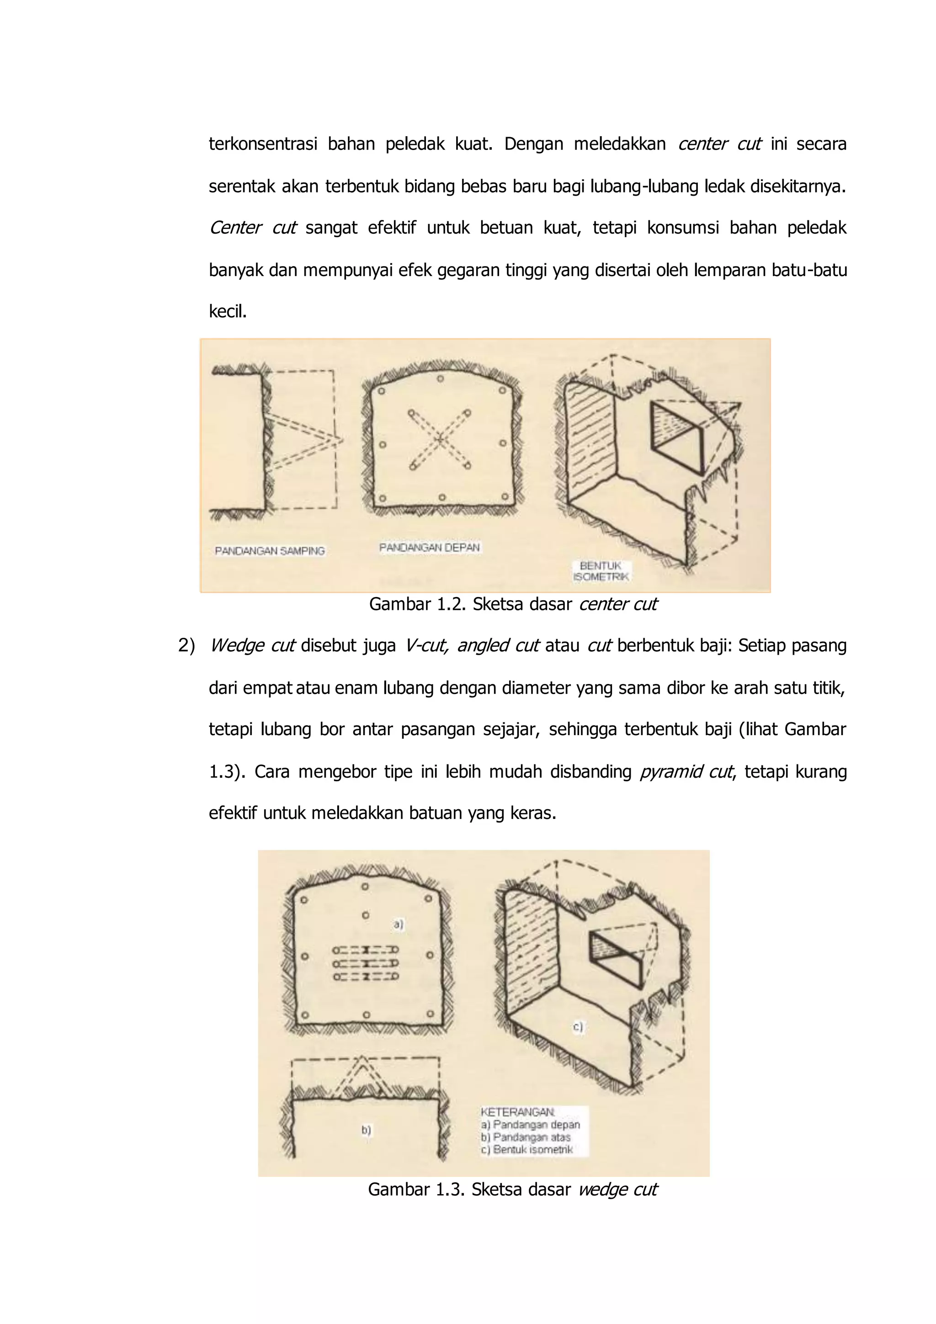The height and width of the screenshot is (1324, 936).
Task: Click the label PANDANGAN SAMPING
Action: coord(270,551)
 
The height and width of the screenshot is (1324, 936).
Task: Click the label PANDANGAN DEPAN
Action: coord(430,547)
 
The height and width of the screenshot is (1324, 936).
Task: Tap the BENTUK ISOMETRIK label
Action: coord(601,571)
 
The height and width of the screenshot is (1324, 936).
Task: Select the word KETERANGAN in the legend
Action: coord(517,1111)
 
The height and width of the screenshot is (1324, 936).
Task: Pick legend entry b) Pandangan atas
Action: coord(526,1137)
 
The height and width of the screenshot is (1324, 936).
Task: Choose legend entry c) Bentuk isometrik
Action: coord(527,1149)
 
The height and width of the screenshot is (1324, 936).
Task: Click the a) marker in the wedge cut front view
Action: coord(398,924)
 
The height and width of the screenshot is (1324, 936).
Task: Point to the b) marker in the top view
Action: coord(366,1130)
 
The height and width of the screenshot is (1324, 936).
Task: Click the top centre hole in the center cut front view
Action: coord(440,379)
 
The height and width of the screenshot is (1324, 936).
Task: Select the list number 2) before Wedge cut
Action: coord(186,645)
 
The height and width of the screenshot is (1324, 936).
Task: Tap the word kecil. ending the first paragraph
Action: coord(228,311)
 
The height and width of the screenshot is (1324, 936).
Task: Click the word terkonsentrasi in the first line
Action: coord(263,144)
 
